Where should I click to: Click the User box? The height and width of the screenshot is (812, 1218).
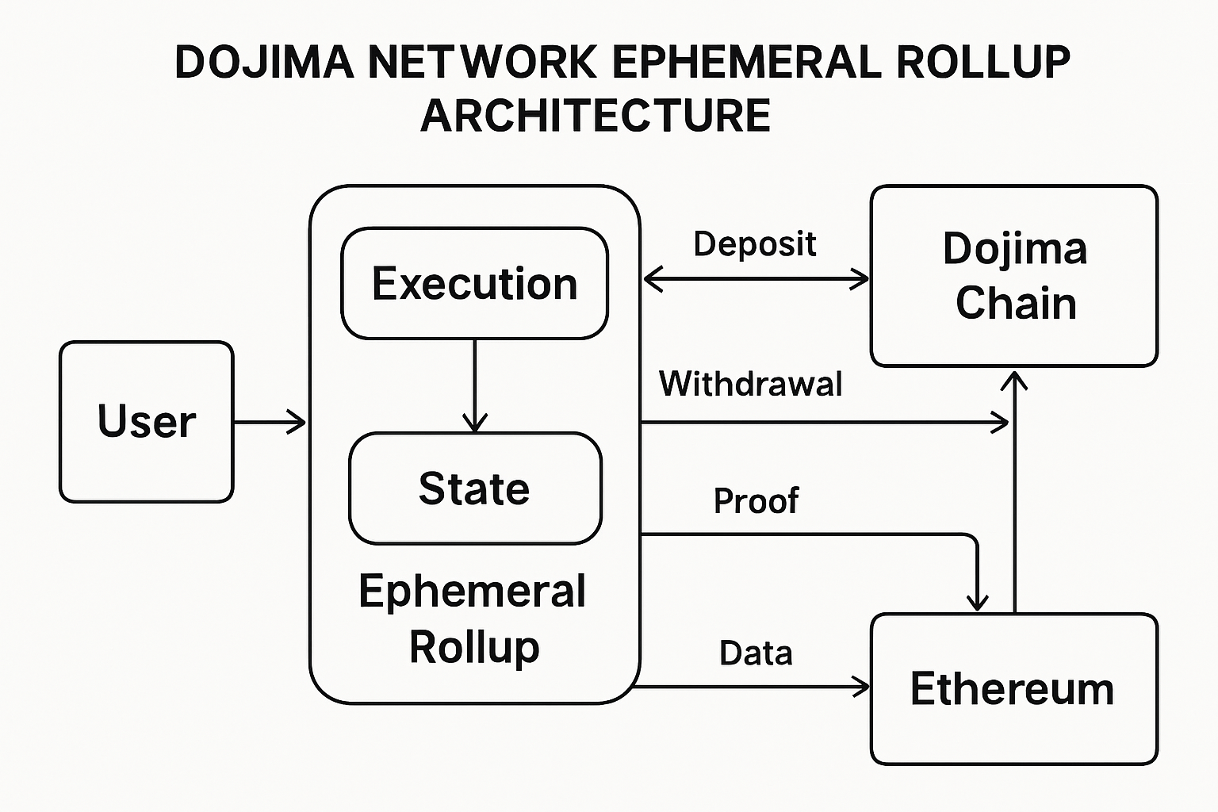pyautogui.click(x=147, y=422)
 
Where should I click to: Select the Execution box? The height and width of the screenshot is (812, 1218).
pyautogui.click(x=474, y=284)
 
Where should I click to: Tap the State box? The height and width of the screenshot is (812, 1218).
pyautogui.click(x=474, y=488)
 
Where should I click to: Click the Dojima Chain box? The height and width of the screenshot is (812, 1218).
pyautogui.click(x=1014, y=276)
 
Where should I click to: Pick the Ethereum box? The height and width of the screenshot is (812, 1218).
pyautogui.click(x=1013, y=688)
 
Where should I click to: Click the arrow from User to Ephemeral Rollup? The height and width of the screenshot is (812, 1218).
pyautogui.click(x=270, y=423)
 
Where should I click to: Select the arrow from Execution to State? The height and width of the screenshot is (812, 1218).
pyautogui.click(x=474, y=385)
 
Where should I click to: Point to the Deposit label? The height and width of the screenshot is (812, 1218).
pyautogui.click(x=754, y=244)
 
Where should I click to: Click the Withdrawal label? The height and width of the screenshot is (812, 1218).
pyautogui.click(x=750, y=384)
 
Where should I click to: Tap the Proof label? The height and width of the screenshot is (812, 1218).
pyautogui.click(x=756, y=501)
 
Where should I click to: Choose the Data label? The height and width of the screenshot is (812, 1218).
pyautogui.click(x=756, y=653)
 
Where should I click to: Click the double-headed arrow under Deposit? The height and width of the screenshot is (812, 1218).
pyautogui.click(x=756, y=279)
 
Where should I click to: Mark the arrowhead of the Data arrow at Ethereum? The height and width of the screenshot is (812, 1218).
pyautogui.click(x=862, y=687)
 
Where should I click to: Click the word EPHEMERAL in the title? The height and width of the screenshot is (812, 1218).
pyautogui.click(x=746, y=63)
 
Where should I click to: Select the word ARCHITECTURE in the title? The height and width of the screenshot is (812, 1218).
pyautogui.click(x=596, y=116)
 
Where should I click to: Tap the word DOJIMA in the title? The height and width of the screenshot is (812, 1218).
pyautogui.click(x=264, y=63)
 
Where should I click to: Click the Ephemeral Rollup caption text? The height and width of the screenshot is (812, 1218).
pyautogui.click(x=473, y=619)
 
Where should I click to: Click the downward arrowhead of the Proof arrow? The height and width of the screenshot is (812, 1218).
pyautogui.click(x=978, y=602)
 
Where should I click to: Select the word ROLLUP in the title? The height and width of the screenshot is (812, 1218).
pyautogui.click(x=983, y=63)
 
